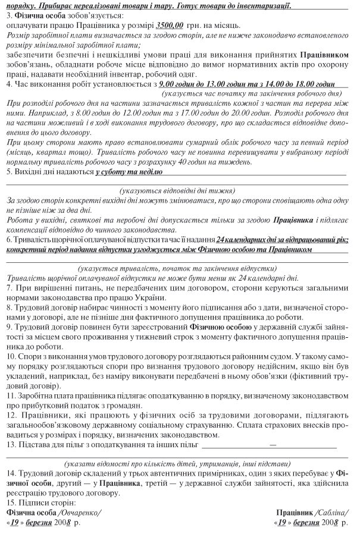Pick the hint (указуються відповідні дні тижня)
click(177, 190)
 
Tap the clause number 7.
click(8, 288)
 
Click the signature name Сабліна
click(333, 512)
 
